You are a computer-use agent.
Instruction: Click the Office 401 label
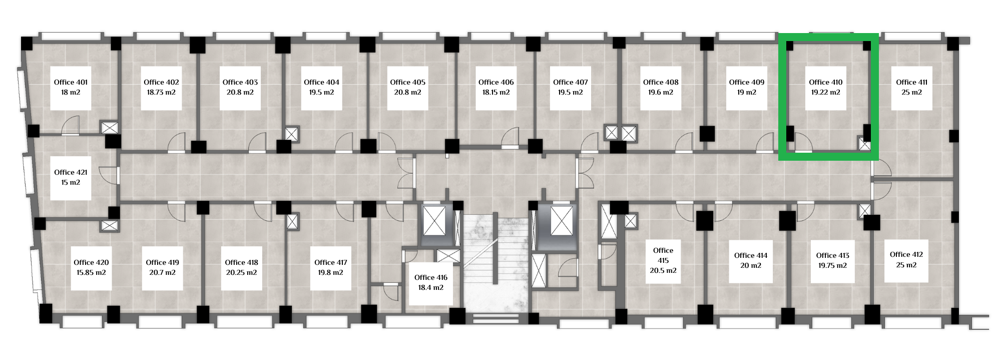pyautogui.click(x=71, y=82)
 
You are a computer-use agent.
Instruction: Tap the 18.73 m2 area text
pyautogui.click(x=161, y=93)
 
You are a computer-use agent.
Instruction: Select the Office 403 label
pyautogui.click(x=240, y=82)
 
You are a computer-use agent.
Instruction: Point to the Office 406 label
pyautogui.click(x=496, y=82)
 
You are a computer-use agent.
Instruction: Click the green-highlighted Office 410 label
pyautogui.click(x=826, y=82)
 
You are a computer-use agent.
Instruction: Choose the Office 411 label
pyautogui.click(x=911, y=82)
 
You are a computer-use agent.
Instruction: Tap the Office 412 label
pyautogui.click(x=906, y=254)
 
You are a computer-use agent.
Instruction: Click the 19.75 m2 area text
pyautogui.click(x=833, y=266)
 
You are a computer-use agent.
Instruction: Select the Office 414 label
pyautogui.click(x=751, y=255)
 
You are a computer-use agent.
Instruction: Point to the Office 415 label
pyautogui.click(x=663, y=255)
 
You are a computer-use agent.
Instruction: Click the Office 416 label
pyautogui.click(x=431, y=277)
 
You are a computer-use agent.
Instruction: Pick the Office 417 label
pyautogui.click(x=331, y=262)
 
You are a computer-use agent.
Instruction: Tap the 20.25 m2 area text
pyautogui.click(x=241, y=273)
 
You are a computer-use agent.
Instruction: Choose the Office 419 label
pyautogui.click(x=162, y=262)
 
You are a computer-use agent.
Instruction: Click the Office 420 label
pyautogui.click(x=91, y=262)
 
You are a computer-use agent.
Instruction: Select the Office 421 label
pyautogui.click(x=71, y=172)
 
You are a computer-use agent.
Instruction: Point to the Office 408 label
pyautogui.click(x=661, y=82)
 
